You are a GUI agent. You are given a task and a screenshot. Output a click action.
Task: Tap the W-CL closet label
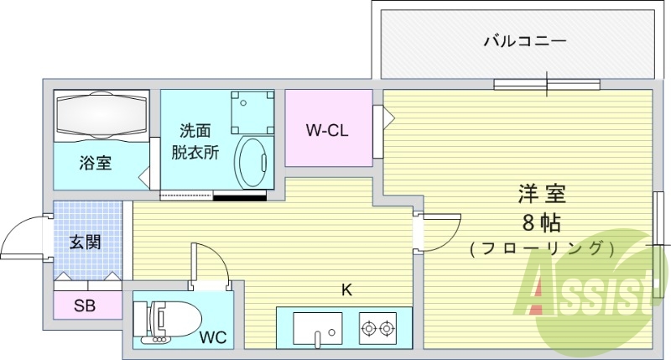click(326, 130)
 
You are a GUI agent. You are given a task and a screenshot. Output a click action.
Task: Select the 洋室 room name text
click(540, 195)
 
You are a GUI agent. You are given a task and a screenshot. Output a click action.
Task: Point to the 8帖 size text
click(540, 222)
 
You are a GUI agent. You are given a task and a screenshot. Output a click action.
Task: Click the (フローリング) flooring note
click(541, 248)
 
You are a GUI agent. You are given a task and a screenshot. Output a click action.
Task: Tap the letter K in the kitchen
click(346, 290)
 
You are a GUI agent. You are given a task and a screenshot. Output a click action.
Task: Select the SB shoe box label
click(84, 305)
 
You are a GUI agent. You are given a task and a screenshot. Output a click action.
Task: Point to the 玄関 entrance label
click(85, 243)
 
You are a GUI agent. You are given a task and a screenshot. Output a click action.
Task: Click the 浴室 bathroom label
click(95, 163)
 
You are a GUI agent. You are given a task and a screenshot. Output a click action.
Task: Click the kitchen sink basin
click(317, 327)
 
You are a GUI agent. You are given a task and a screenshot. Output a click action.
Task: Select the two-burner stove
click(377, 327)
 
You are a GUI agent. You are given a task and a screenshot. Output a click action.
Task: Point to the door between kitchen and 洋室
click(438, 232)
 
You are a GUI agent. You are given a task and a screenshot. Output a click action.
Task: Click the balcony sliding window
click(547, 83)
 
